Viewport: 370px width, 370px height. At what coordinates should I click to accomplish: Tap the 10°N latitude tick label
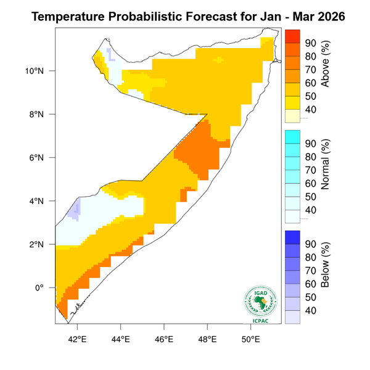click(x=42, y=71)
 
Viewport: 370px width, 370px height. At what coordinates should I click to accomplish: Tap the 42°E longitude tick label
click(x=76, y=339)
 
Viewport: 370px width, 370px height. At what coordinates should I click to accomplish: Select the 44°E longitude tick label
click(x=120, y=339)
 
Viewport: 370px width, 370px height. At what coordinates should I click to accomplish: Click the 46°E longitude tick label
click(x=163, y=339)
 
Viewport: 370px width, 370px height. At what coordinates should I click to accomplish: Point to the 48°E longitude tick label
click(x=207, y=339)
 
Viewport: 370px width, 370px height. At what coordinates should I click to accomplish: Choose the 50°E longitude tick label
click(x=250, y=339)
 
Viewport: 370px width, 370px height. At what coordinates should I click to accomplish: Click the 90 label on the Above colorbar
click(x=310, y=43)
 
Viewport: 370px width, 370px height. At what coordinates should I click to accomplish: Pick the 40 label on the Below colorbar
click(x=310, y=310)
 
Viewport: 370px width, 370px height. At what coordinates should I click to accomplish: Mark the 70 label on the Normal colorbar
click(x=310, y=170)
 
